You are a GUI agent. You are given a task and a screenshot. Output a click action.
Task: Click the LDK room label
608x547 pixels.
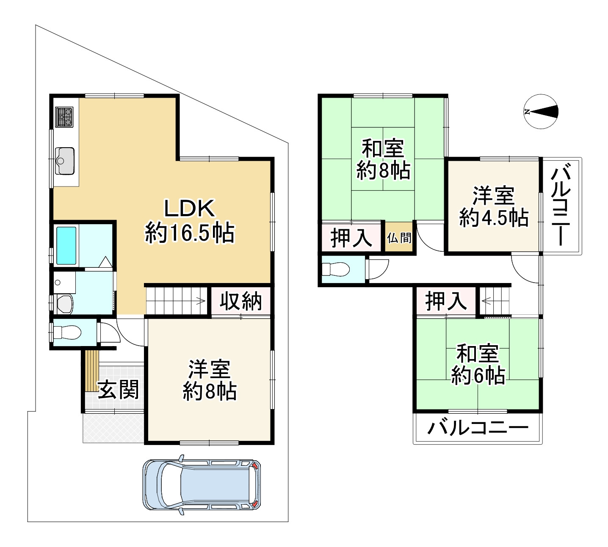tap(189, 209)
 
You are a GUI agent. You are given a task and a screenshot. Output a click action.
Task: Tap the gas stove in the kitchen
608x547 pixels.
tap(64, 117)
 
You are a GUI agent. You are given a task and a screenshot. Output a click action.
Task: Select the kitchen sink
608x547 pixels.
tap(65, 160)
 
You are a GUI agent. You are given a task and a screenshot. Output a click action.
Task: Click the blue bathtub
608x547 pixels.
tap(66, 246)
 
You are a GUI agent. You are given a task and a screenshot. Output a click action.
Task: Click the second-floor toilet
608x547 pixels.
tap(335, 269)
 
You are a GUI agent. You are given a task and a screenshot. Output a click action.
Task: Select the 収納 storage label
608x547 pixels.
tap(240, 301)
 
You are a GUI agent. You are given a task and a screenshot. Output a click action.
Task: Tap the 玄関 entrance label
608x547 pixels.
tap(118, 389)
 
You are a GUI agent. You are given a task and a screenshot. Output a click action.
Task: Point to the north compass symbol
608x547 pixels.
tap(541, 112)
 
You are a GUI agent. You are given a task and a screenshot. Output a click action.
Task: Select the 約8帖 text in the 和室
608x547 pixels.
tap(383, 170)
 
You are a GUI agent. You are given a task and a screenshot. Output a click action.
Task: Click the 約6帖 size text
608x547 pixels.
tap(478, 375)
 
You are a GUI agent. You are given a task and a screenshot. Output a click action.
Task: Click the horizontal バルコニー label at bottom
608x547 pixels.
tap(478, 428)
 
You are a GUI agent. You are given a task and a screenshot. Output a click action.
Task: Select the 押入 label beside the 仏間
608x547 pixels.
tap(351, 238)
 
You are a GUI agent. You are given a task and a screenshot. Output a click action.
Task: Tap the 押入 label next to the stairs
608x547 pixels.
tap(446, 301)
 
